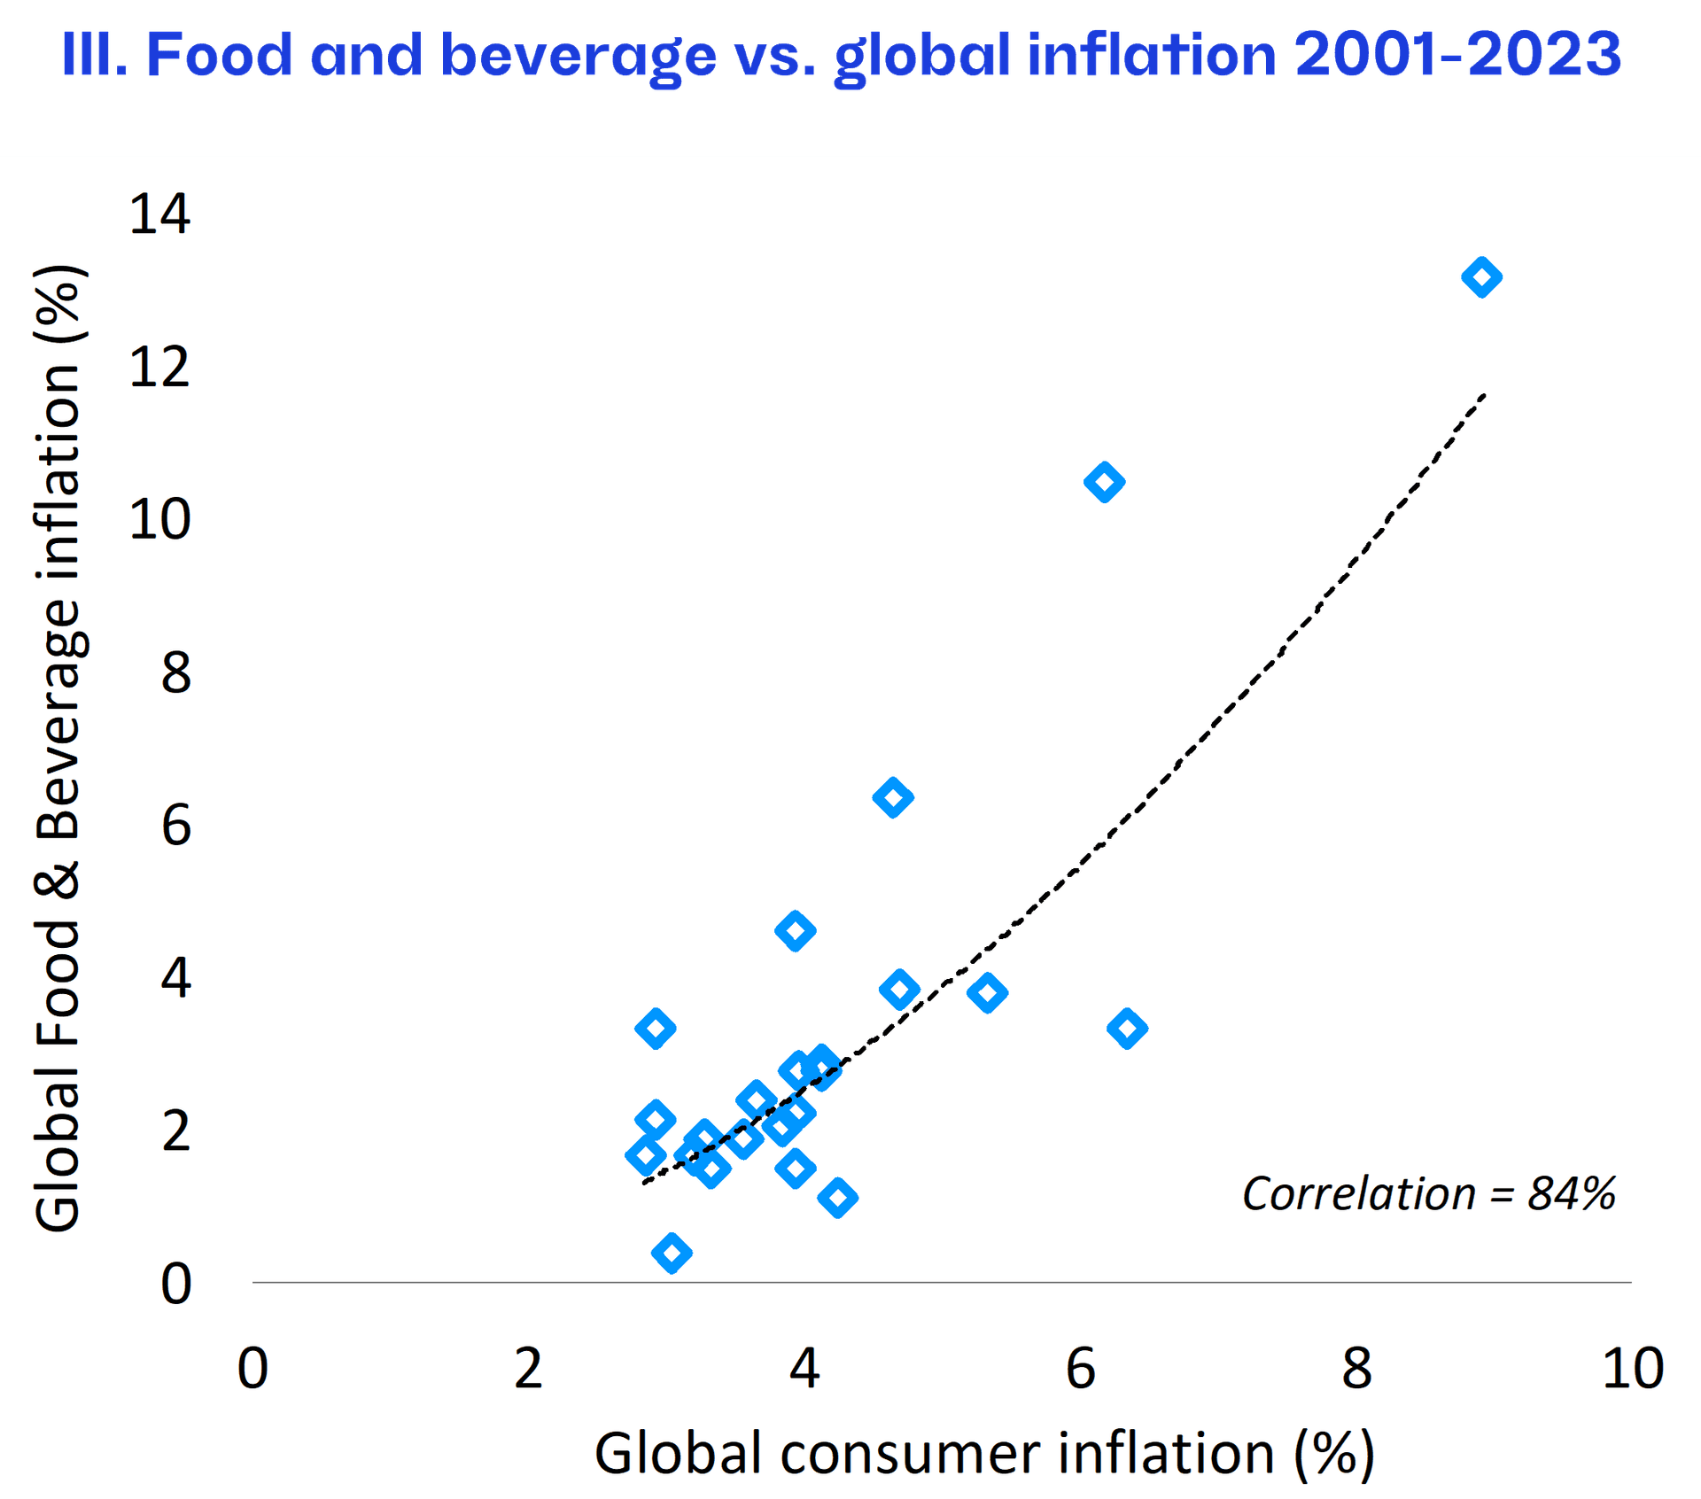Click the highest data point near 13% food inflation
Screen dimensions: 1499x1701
pyautogui.click(x=1481, y=277)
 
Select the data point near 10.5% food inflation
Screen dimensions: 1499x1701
pyautogui.click(x=1104, y=482)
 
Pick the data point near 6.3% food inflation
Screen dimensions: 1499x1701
pyautogui.click(x=893, y=797)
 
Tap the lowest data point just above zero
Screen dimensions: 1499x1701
pyautogui.click(x=672, y=1253)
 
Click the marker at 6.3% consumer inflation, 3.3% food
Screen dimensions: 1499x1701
pyautogui.click(x=1127, y=1029)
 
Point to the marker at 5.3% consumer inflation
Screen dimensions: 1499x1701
pyautogui.click(x=987, y=993)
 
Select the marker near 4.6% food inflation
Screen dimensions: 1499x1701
pyautogui.click(x=795, y=931)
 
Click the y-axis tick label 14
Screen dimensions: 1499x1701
pyautogui.click(x=159, y=214)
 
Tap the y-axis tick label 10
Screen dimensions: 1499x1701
pyautogui.click(x=159, y=520)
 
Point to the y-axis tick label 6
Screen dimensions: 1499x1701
pyautogui.click(x=175, y=826)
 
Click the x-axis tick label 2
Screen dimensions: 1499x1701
pyautogui.click(x=528, y=1369)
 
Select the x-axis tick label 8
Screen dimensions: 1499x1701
pyautogui.click(x=1356, y=1369)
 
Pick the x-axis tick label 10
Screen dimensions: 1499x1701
pyautogui.click(x=1632, y=1369)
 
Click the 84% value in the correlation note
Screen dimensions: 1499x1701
pyautogui.click(x=1572, y=1193)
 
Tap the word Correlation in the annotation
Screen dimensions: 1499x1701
pyautogui.click(x=1358, y=1193)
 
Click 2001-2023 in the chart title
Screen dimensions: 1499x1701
pyautogui.click(x=1457, y=55)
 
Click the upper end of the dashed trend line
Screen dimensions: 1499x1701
pyautogui.click(x=1485, y=395)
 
